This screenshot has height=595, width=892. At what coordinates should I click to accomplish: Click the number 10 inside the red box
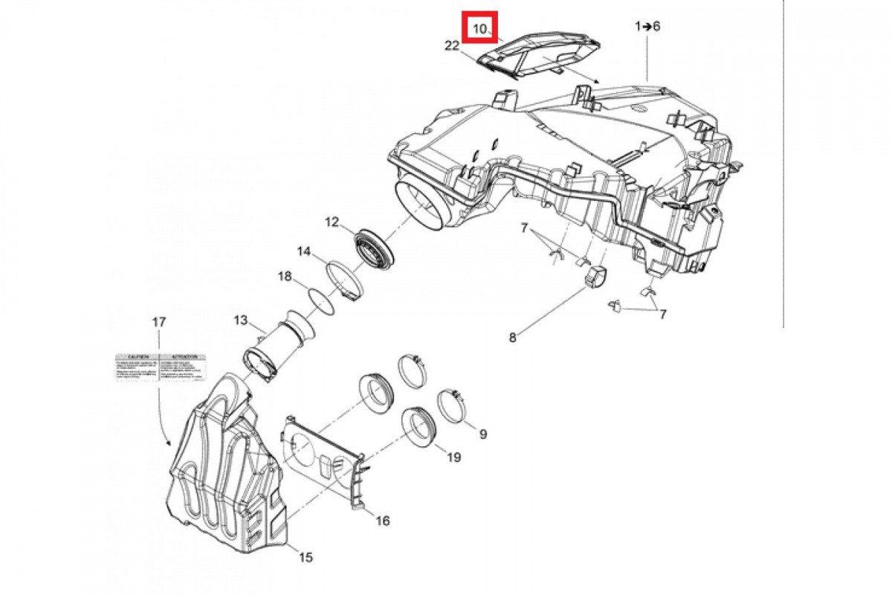click(481, 30)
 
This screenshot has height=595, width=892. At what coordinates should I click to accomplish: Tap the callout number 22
click(452, 46)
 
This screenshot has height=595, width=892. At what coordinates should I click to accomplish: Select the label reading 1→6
click(647, 26)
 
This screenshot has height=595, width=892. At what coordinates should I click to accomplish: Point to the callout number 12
click(332, 221)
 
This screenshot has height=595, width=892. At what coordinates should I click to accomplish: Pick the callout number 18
click(285, 277)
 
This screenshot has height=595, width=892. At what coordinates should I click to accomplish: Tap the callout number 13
click(240, 321)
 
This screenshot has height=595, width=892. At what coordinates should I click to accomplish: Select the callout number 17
click(159, 322)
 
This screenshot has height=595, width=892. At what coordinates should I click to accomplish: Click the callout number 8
click(512, 337)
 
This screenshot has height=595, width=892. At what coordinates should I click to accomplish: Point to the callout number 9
click(482, 434)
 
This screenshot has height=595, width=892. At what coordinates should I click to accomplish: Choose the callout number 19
click(453, 457)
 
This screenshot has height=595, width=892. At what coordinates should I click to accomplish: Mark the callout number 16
click(382, 521)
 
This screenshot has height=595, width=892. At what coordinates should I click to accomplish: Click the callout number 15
click(306, 556)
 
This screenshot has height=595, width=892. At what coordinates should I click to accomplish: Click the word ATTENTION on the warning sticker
click(183, 358)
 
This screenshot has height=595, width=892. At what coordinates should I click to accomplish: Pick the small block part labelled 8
click(595, 277)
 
